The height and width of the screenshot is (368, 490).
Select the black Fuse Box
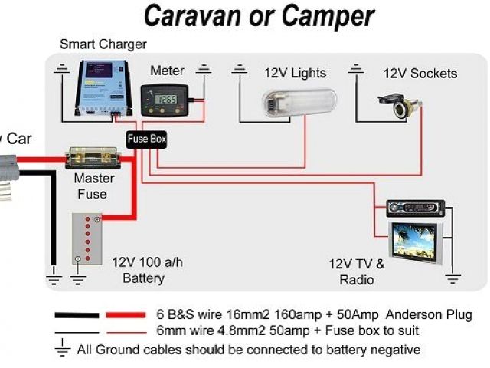[145, 140]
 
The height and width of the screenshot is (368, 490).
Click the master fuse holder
[92, 159]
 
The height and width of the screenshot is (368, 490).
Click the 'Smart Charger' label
[103, 44]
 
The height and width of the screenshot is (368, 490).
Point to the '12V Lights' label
[295, 74]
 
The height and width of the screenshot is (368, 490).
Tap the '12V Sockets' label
[420, 74]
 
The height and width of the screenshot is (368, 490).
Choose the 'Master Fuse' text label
[94, 186]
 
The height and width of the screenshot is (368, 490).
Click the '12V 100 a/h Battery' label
[147, 270]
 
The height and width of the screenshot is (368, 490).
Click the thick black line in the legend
[76, 315]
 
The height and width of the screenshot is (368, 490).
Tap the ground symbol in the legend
[63, 350]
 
